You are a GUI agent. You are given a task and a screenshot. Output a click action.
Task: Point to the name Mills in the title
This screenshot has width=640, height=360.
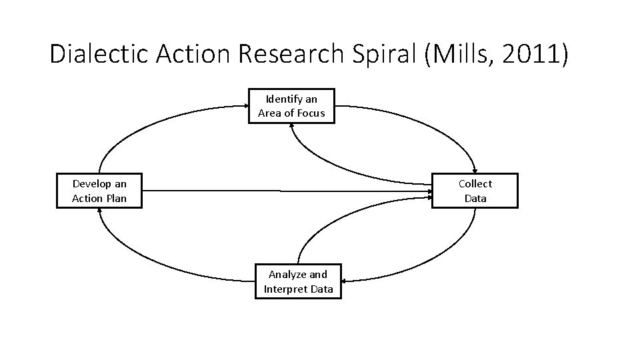pyautogui.click(x=460, y=54)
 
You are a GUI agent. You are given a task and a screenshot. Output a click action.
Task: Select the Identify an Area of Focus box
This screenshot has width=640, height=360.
pyautogui.click(x=292, y=106)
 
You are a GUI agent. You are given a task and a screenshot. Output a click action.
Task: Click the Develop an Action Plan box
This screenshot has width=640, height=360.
pyautogui.click(x=99, y=191)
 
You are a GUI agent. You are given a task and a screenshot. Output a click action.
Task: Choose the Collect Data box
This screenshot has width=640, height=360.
pyautogui.click(x=475, y=191)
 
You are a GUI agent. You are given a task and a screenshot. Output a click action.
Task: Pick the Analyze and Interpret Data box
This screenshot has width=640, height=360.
pyautogui.click(x=298, y=281)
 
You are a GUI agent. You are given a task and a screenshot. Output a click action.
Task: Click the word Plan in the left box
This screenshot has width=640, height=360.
pyautogui.click(x=115, y=199)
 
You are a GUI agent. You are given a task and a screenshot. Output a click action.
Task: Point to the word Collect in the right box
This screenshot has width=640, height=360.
pyautogui.click(x=475, y=184)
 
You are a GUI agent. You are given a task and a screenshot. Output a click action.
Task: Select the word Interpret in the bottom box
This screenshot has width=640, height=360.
pyautogui.click(x=285, y=289)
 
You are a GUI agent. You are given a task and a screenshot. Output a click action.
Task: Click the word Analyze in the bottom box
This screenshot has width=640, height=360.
pyautogui.click(x=287, y=275)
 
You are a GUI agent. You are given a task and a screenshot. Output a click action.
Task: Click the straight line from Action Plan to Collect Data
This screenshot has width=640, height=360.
pyautogui.click(x=287, y=191)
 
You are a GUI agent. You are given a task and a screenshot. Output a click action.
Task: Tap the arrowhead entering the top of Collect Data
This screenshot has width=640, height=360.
pyautogui.click(x=475, y=169)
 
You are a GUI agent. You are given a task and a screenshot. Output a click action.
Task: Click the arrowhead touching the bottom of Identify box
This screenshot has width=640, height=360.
pyautogui.click(x=292, y=127)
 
